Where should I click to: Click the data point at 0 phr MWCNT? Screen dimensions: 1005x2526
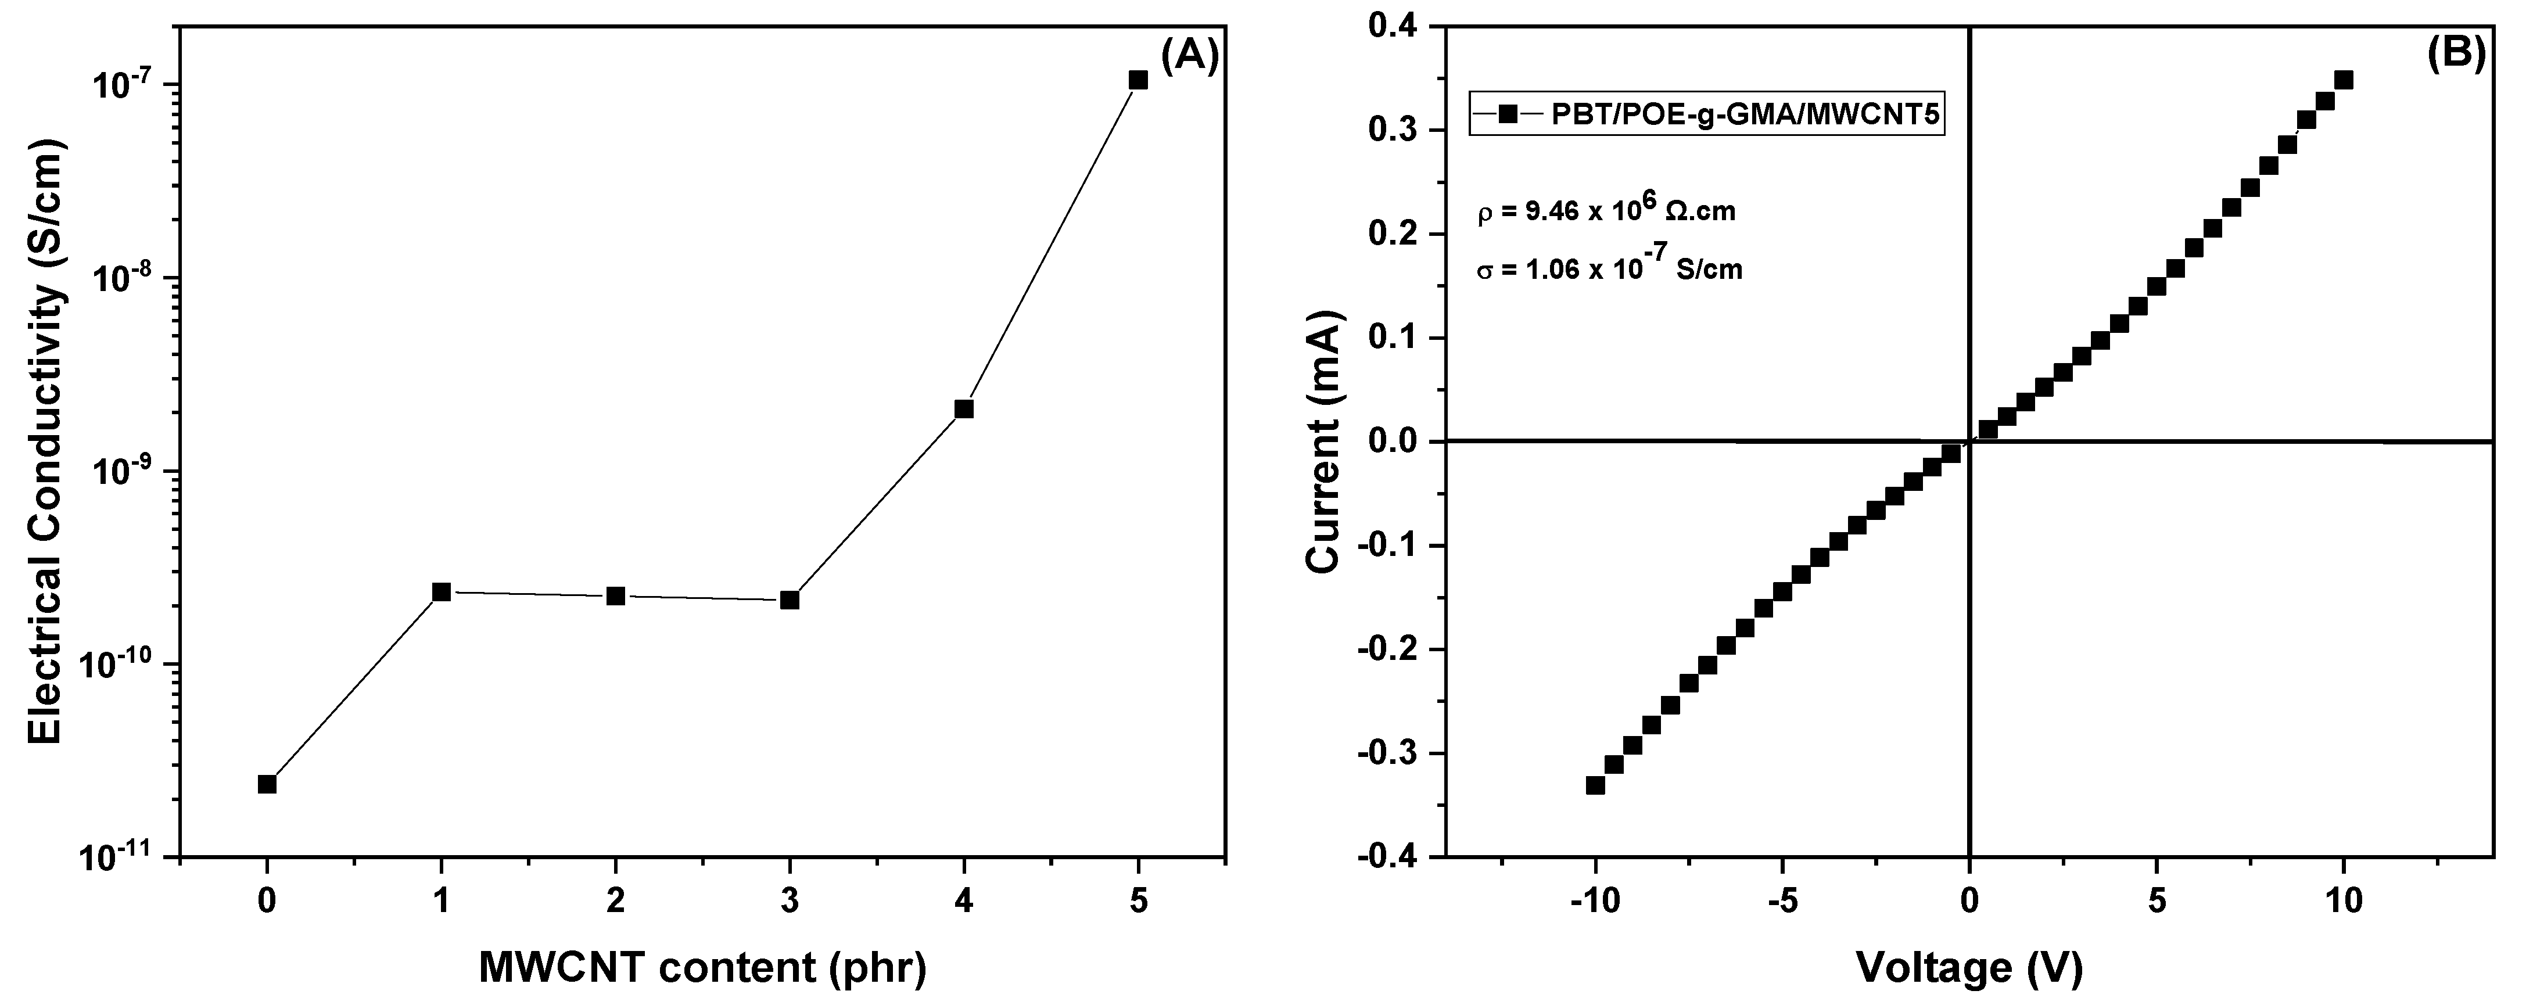pos(267,784)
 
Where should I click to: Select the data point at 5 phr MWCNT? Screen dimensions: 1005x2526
pos(1138,80)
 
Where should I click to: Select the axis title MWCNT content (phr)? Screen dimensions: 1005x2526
pos(702,968)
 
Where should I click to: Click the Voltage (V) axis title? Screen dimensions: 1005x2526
pos(1968,968)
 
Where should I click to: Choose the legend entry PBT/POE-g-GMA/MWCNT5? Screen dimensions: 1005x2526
pos(1706,114)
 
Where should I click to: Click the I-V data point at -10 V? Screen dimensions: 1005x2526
pos(1595,784)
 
